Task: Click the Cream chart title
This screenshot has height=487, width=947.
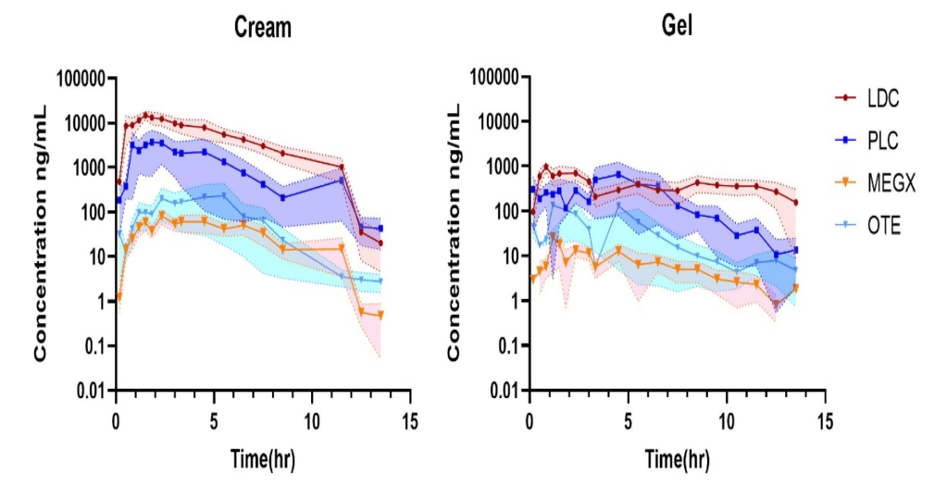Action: coord(262,28)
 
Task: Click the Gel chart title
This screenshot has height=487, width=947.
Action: coord(677,27)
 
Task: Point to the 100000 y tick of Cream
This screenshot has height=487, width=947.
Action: coord(81,78)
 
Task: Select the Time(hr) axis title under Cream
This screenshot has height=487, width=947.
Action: coord(263,457)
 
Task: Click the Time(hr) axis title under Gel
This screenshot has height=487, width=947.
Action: coord(677,457)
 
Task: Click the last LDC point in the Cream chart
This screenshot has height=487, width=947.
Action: coord(380,243)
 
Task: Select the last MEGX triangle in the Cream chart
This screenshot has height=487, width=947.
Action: coord(380,316)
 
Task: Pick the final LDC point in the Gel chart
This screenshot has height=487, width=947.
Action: coord(795,203)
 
